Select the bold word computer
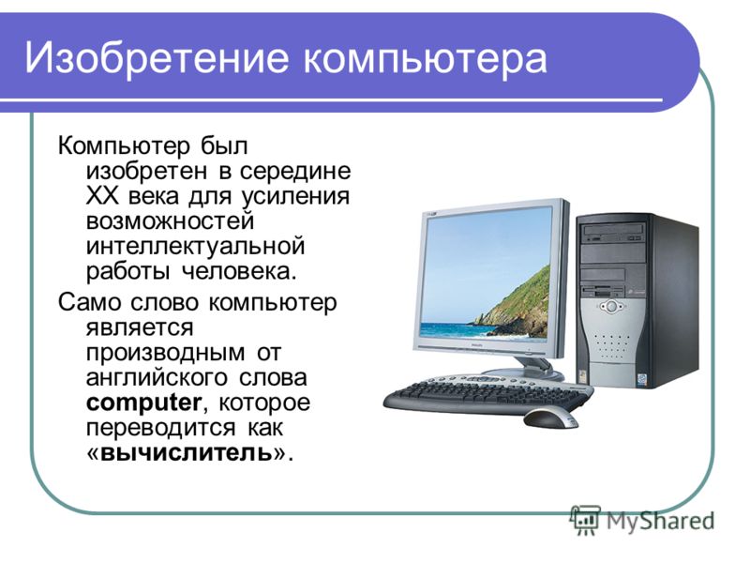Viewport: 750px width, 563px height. point(144,403)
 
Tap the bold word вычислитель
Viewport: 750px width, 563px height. point(187,452)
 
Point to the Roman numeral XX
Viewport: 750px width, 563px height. point(100,196)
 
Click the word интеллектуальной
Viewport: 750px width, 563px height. point(196,246)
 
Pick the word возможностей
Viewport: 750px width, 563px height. point(170,221)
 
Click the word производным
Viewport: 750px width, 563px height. point(165,354)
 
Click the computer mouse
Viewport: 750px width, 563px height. point(550,419)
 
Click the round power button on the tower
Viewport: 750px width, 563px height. point(611,307)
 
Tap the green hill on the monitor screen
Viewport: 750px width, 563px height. point(516,303)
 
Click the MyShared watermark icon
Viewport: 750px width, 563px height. point(584,520)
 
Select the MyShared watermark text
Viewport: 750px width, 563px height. point(660,521)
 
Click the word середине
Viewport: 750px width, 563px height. point(295,172)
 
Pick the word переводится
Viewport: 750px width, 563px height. point(160,428)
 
